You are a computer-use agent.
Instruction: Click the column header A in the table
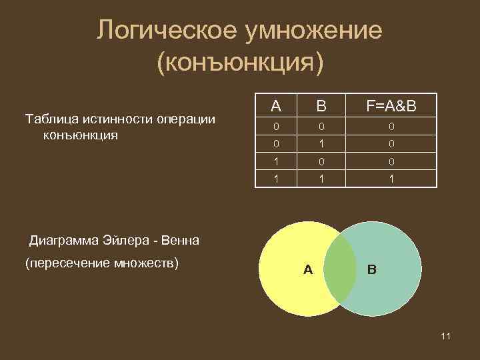click(x=275, y=106)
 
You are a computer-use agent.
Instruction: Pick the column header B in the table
click(x=321, y=106)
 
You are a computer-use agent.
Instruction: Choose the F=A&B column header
click(x=391, y=106)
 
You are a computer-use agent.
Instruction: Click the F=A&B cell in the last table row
click(x=391, y=179)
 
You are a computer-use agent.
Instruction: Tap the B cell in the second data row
click(x=321, y=143)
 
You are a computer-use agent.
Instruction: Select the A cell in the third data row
click(x=275, y=161)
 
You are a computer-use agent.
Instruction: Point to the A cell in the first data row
click(x=275, y=126)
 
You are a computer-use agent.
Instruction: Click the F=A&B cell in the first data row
click(x=391, y=126)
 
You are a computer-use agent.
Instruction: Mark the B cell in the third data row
click(x=321, y=161)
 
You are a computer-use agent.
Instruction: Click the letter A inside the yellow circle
click(x=307, y=269)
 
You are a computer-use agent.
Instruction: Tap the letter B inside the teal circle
click(x=371, y=269)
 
